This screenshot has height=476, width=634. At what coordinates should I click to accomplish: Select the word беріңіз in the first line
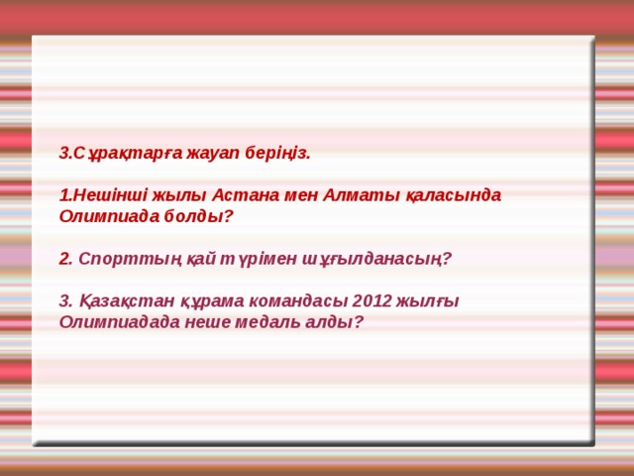click(x=278, y=153)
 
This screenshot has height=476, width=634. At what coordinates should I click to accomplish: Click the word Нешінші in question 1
click(x=102, y=194)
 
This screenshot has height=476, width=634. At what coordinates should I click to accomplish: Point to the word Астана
click(x=239, y=194)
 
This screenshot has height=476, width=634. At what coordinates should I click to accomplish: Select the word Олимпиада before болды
click(x=113, y=214)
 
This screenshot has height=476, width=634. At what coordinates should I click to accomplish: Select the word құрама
click(x=198, y=300)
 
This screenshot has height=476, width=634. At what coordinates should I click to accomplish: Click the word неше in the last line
click(x=211, y=321)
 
